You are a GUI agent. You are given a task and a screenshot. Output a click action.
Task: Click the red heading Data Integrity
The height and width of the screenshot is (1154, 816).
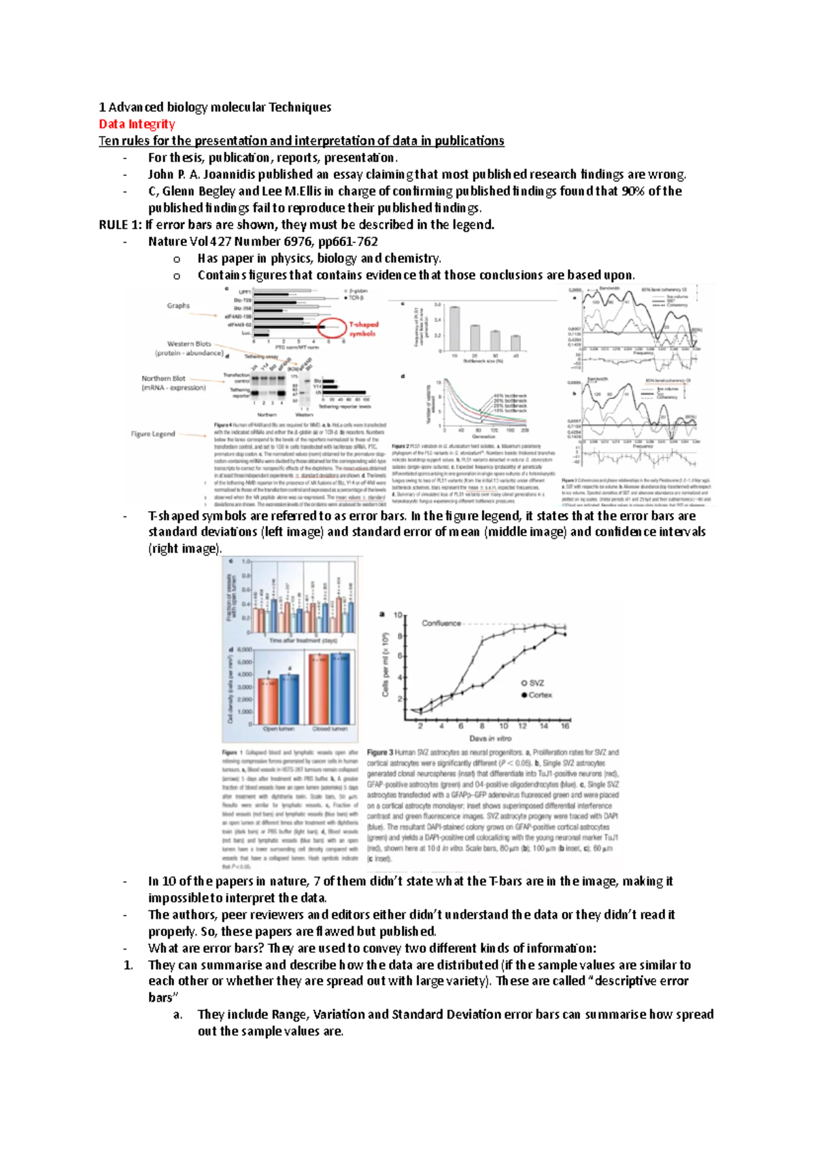(137, 124)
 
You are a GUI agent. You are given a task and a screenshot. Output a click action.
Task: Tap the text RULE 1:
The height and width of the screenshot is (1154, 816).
(120, 224)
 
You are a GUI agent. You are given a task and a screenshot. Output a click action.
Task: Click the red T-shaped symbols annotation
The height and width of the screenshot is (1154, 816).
(363, 328)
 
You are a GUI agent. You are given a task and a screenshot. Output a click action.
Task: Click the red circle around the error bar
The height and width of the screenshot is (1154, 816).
(332, 328)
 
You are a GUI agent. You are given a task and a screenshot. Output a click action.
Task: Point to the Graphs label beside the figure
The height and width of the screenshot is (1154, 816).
(178, 306)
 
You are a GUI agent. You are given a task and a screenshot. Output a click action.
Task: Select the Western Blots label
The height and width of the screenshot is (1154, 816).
(189, 344)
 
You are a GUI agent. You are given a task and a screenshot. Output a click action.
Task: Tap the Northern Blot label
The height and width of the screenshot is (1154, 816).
(163, 379)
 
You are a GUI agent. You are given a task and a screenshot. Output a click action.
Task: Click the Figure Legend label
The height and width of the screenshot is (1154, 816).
(153, 434)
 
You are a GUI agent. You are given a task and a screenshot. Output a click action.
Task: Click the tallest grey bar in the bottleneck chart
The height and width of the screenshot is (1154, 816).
(454, 328)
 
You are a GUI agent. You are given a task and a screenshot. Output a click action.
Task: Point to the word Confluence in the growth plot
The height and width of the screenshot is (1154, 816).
(441, 623)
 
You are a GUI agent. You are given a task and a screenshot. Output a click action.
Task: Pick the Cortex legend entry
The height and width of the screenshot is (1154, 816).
(539, 695)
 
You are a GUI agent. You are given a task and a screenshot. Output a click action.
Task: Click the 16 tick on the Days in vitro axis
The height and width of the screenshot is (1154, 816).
(564, 726)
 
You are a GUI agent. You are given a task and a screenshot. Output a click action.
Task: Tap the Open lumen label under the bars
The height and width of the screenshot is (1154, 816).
(279, 729)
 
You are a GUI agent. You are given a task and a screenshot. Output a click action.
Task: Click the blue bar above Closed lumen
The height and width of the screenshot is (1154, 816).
(340, 688)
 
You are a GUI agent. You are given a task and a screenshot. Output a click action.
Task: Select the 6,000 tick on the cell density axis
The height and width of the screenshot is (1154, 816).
(244, 650)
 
